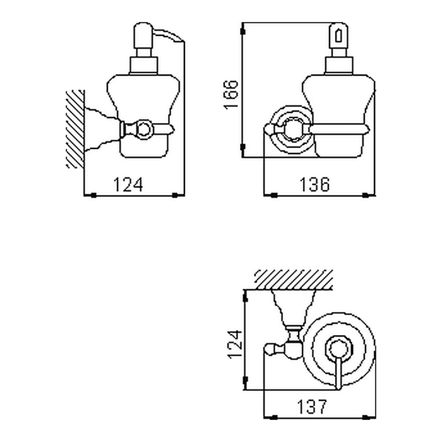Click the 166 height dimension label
click(x=231, y=95)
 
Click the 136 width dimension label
click(x=314, y=184)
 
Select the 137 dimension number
click(x=312, y=407)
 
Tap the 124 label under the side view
click(x=128, y=184)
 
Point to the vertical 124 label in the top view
click(x=235, y=344)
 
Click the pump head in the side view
click(x=143, y=35)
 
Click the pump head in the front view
click(x=338, y=35)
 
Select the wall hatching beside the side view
click(x=75, y=129)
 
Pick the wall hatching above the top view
click(x=294, y=279)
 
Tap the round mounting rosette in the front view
click(x=290, y=130)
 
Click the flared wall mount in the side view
click(x=102, y=129)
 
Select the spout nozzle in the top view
click(x=338, y=373)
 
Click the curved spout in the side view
click(x=169, y=35)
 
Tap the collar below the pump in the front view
click(x=338, y=66)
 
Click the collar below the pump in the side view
click(x=143, y=66)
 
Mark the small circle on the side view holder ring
click(x=144, y=129)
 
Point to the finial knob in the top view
click(x=270, y=350)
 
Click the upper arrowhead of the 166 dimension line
click(x=242, y=30)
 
